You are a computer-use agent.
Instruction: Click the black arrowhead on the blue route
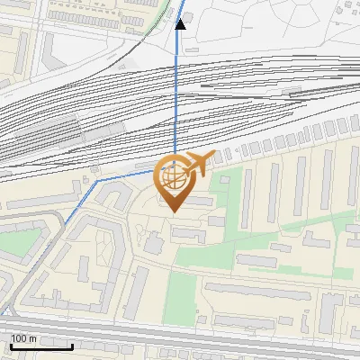click(x=180, y=23)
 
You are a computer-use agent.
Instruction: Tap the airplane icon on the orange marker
click(x=200, y=164)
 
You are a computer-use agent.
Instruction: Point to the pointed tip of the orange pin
click(x=174, y=211)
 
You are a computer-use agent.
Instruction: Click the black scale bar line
click(x=41, y=346)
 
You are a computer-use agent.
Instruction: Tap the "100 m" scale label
click(x=24, y=338)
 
